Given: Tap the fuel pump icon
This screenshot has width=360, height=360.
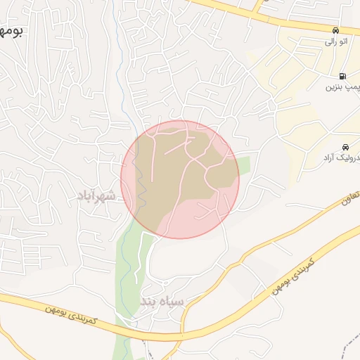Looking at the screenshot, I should [x=342, y=76].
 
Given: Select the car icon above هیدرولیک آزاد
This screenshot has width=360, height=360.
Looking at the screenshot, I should [x=345, y=147].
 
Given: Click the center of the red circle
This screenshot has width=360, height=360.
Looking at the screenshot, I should [x=180, y=179].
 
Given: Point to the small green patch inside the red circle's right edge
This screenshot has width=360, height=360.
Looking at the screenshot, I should [x=243, y=167].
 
